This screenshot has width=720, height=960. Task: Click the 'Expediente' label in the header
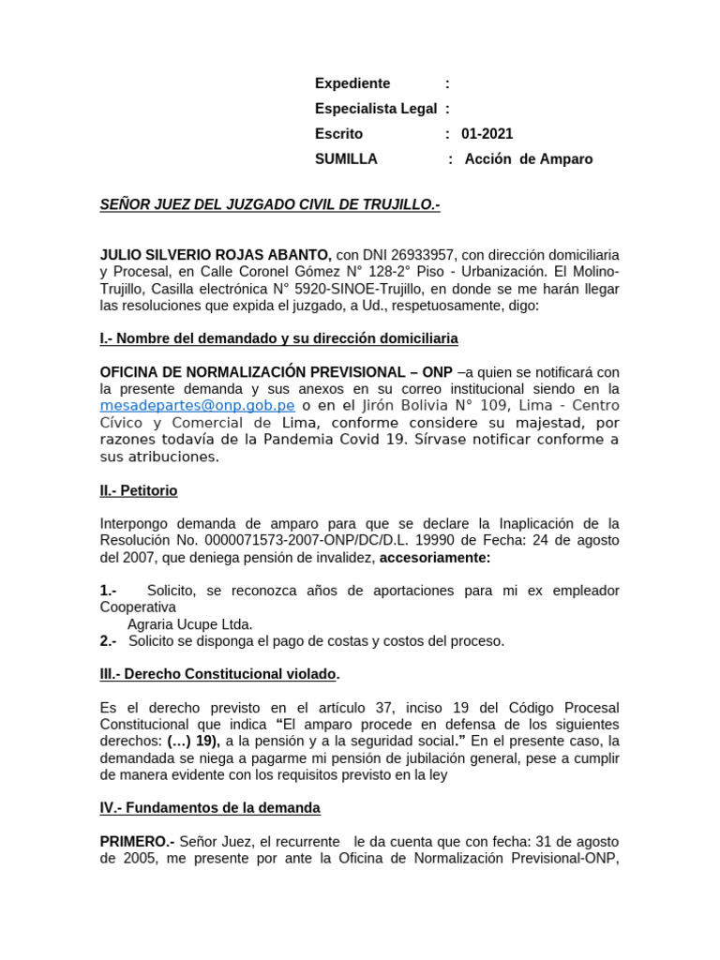click(x=352, y=83)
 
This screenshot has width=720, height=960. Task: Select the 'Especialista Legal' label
click(x=376, y=109)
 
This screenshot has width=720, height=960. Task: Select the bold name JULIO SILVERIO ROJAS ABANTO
click(x=215, y=255)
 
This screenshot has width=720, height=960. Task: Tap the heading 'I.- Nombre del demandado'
click(x=279, y=337)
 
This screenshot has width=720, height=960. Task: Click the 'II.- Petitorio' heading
click(x=139, y=490)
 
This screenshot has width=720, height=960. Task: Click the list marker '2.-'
click(x=109, y=641)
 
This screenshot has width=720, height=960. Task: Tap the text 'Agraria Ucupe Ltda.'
click(x=190, y=624)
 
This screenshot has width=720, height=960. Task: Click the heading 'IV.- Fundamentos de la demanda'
click(x=210, y=807)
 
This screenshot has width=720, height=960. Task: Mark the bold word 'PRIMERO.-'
click(x=137, y=841)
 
